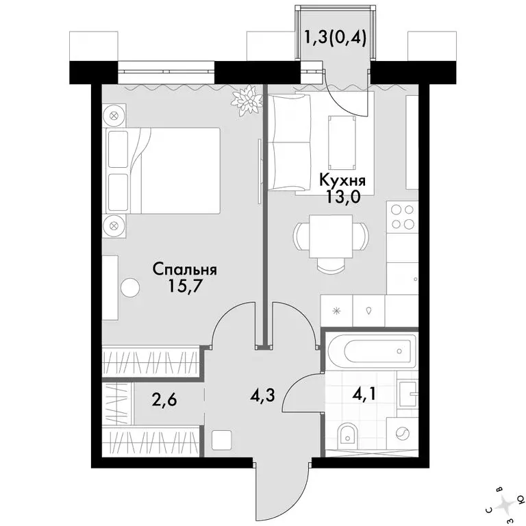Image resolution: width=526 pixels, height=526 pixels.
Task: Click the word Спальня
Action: (185, 270)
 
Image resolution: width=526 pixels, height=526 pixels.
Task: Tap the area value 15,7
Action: (184, 288)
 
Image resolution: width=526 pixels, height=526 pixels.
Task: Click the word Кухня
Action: (342, 181)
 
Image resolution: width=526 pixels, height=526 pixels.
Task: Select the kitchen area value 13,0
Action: (342, 197)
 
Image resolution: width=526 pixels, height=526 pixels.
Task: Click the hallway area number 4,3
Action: (262, 395)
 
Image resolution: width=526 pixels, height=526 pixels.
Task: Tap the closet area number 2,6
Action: (164, 400)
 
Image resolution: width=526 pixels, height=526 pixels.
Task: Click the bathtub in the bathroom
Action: (373, 351)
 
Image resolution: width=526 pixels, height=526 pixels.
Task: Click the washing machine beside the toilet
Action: (402, 434)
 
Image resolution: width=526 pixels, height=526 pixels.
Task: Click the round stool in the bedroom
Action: (130, 288)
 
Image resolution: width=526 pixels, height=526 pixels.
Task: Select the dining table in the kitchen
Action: (331, 236)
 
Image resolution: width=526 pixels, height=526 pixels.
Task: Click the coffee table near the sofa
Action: (342, 143)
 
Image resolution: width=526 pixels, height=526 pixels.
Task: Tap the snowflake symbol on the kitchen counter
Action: (336, 311)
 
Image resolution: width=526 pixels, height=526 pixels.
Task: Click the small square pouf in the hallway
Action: (221, 440)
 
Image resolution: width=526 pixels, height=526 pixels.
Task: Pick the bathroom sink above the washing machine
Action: (408, 394)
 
